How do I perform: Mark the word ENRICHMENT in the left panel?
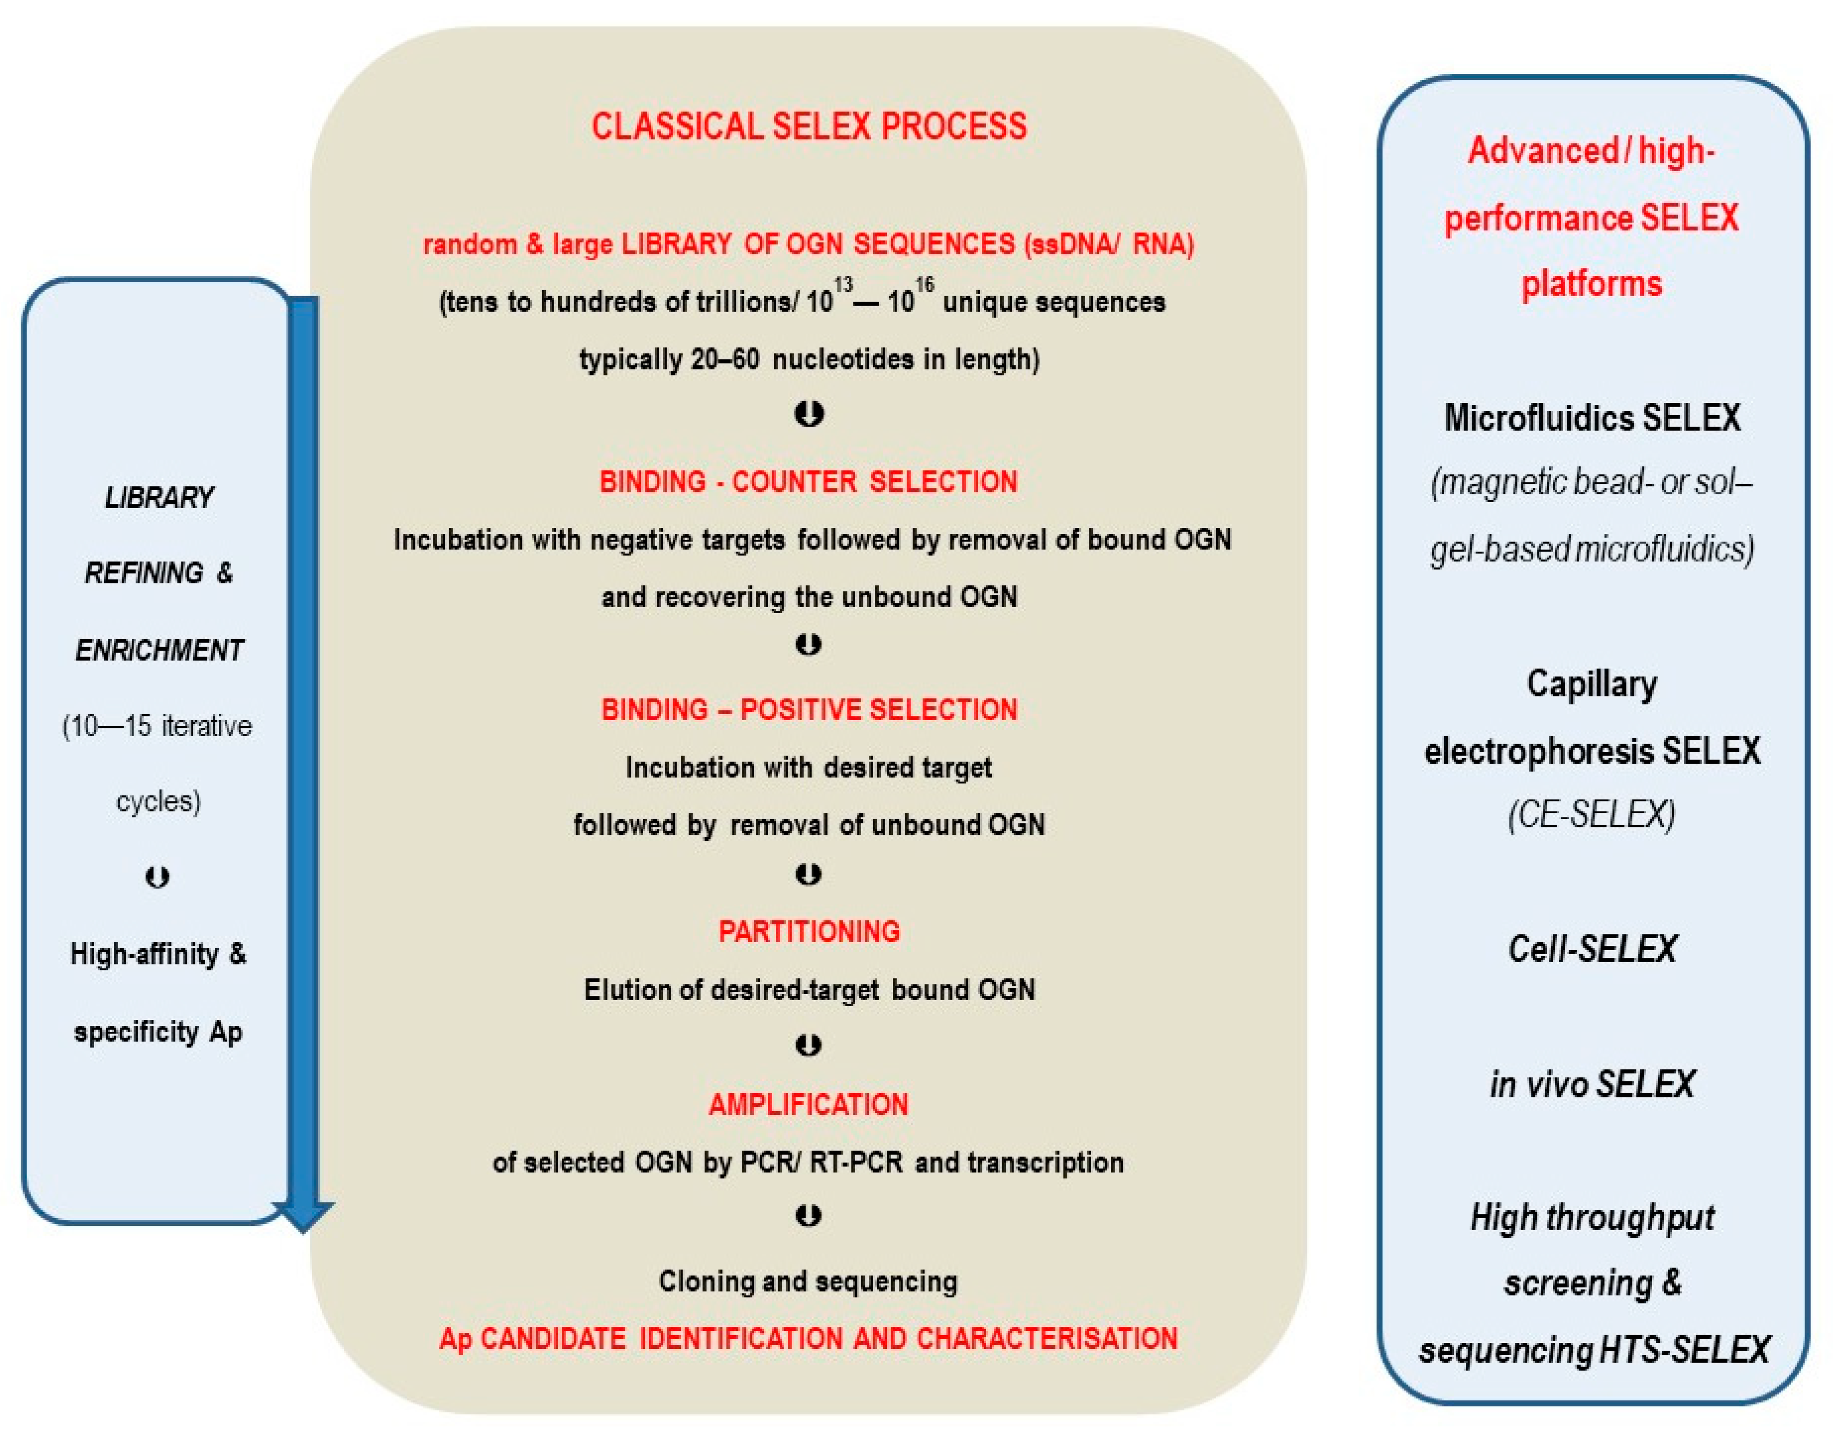159,650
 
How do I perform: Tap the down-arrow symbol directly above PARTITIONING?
809,875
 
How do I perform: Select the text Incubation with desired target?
809,767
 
